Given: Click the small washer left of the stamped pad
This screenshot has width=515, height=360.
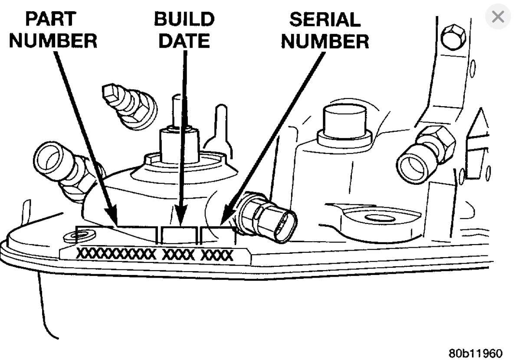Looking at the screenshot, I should pos(70,237).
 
